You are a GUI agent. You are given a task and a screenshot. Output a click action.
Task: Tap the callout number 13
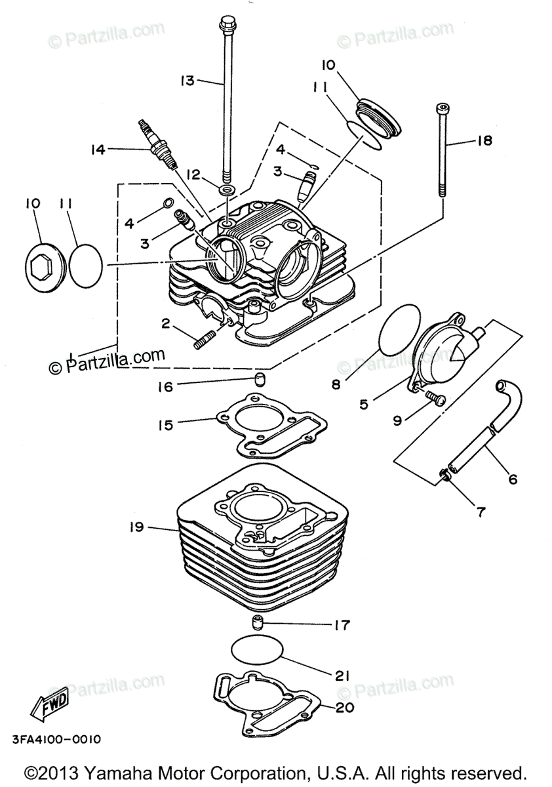tap(187, 81)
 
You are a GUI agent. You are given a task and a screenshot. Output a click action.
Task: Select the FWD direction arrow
tap(49, 707)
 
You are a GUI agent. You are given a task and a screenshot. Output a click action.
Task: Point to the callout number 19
tap(138, 527)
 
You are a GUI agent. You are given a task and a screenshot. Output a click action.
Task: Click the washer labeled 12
tap(227, 189)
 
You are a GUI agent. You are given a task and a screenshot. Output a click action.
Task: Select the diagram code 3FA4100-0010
tap(56, 740)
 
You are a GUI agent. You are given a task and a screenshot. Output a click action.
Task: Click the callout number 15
tap(165, 425)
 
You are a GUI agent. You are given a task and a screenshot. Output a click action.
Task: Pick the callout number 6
tap(512, 479)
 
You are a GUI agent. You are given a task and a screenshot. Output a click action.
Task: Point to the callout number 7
tap(481, 512)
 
